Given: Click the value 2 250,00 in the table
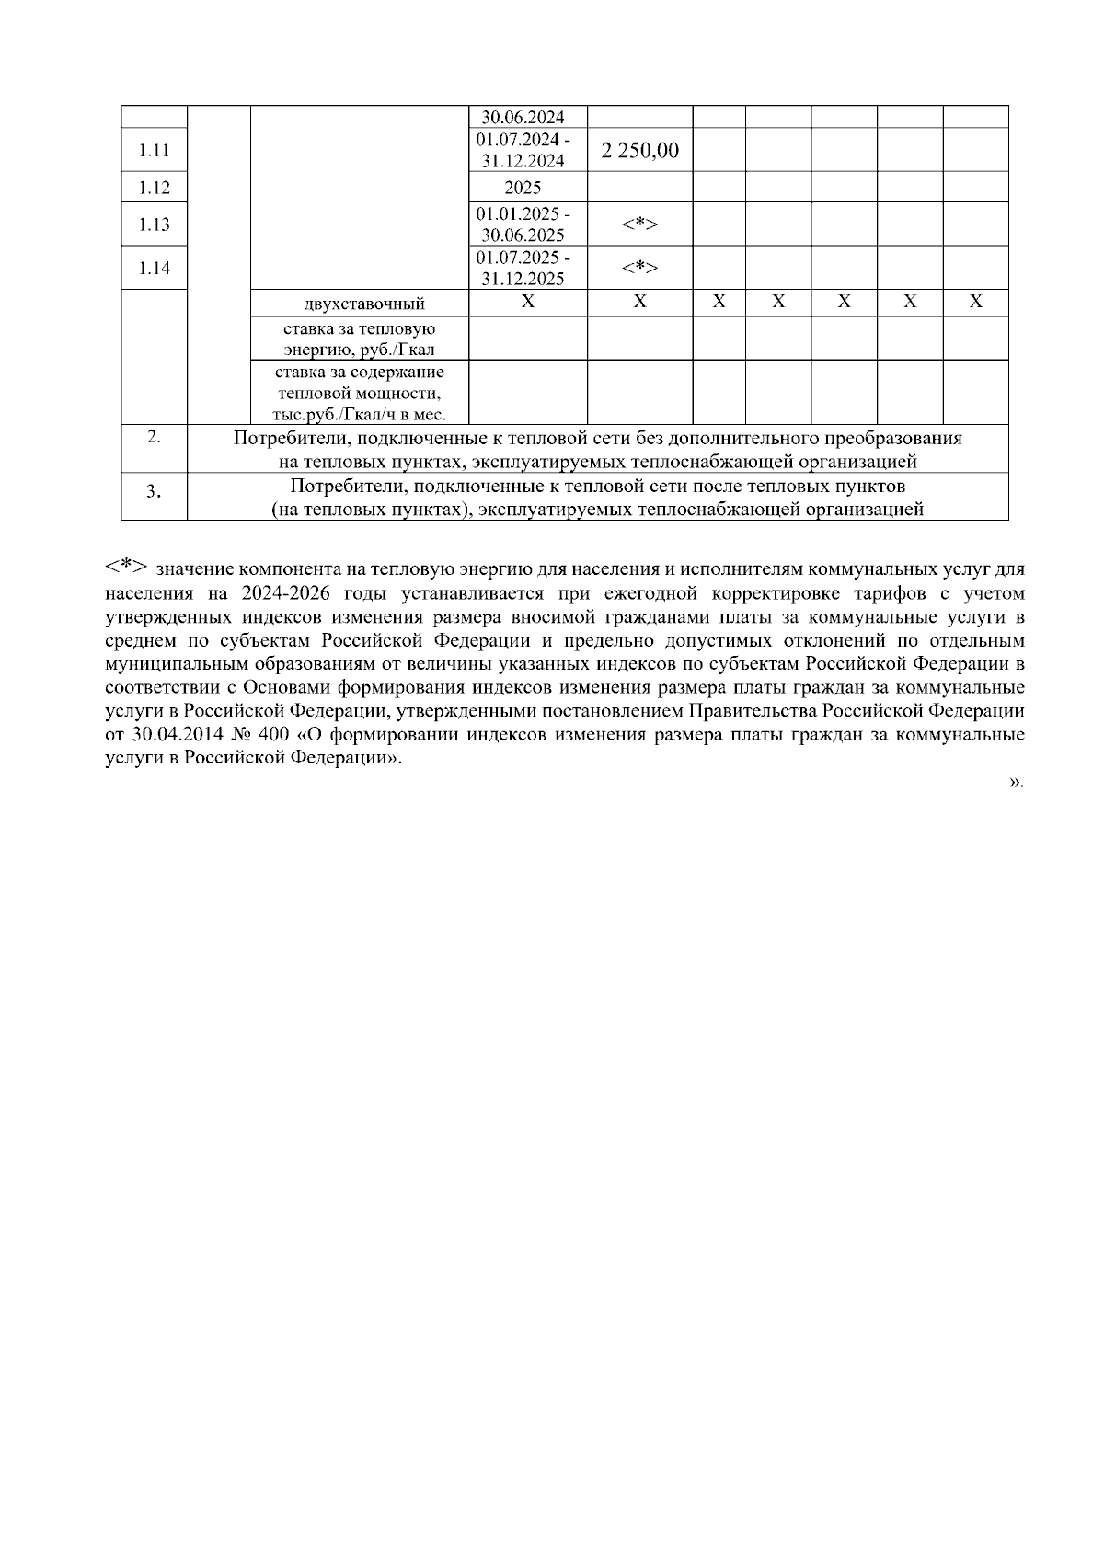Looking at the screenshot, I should (640, 150).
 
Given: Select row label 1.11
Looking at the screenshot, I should (155, 150).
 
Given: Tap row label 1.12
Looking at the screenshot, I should (155, 188).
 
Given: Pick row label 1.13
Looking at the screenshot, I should (155, 224).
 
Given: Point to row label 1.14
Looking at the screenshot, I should (155, 269).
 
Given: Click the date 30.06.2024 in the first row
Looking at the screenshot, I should (523, 118).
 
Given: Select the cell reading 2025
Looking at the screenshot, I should (523, 188).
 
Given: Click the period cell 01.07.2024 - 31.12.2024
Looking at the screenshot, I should (523, 150).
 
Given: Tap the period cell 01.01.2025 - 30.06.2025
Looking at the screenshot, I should (523, 224).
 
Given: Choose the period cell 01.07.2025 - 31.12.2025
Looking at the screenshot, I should (523, 269).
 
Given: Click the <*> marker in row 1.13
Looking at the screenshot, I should (639, 224).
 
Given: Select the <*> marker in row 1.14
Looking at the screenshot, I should (639, 268).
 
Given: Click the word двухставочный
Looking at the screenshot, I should (364, 304).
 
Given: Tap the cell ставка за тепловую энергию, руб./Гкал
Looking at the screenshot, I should (360, 339).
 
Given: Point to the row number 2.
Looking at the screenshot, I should (154, 438).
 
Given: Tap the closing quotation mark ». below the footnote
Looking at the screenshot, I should (1016, 782).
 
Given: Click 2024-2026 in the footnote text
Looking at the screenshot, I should (286, 592).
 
